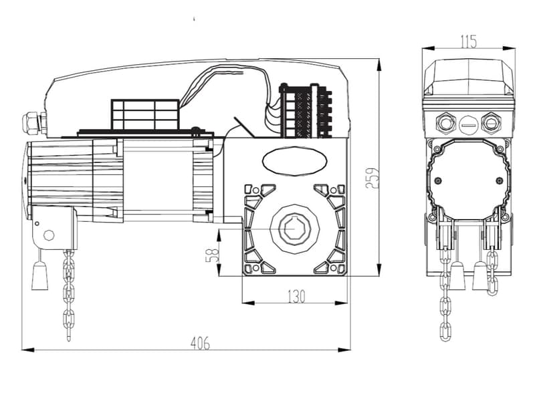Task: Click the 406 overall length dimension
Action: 200,343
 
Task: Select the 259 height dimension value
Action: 372,178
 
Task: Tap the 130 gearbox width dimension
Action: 296,296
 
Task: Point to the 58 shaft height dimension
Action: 212,255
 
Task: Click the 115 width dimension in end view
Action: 469,42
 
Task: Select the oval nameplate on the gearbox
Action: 294,161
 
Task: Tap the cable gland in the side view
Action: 33,124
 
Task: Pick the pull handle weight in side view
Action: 40,276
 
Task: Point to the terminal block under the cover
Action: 306,110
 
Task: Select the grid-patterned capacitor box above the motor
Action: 145,114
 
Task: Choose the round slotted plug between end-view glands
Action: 468,125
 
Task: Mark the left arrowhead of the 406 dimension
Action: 28,350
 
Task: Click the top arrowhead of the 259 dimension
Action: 379,65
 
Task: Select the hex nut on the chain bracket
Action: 49,235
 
